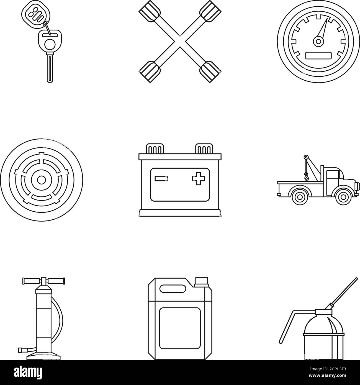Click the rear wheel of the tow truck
300,196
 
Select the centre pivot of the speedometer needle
318,42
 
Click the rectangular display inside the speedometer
318,55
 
